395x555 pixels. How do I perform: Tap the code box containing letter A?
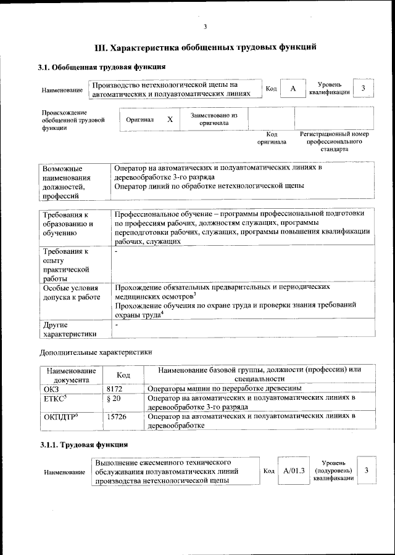(x=293, y=89)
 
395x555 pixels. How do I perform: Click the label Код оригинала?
(x=272, y=138)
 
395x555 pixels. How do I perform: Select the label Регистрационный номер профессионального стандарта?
(x=334, y=141)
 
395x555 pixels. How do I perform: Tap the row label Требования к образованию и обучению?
(x=65, y=224)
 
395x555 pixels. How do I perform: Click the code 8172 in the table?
(x=115, y=389)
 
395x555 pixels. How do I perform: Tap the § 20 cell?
(x=113, y=400)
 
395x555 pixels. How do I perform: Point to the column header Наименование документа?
(x=70, y=375)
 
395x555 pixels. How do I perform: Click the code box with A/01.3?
(x=294, y=471)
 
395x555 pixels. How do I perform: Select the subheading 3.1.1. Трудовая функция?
(x=83, y=444)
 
